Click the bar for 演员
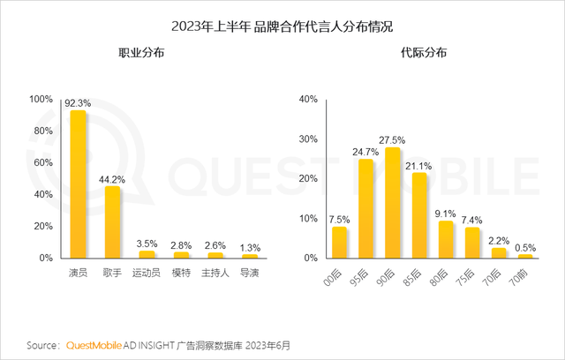tap(78, 184)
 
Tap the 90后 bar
tap(393, 203)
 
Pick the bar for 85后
tap(419, 215)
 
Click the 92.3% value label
tap(78, 103)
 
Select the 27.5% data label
tap(393, 140)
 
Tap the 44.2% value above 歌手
tap(112, 180)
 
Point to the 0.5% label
tap(526, 248)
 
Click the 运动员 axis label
tap(147, 273)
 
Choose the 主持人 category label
tap(215, 273)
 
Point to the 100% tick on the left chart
tap(41, 100)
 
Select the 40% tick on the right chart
tap(308, 100)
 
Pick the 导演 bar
tap(250, 256)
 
